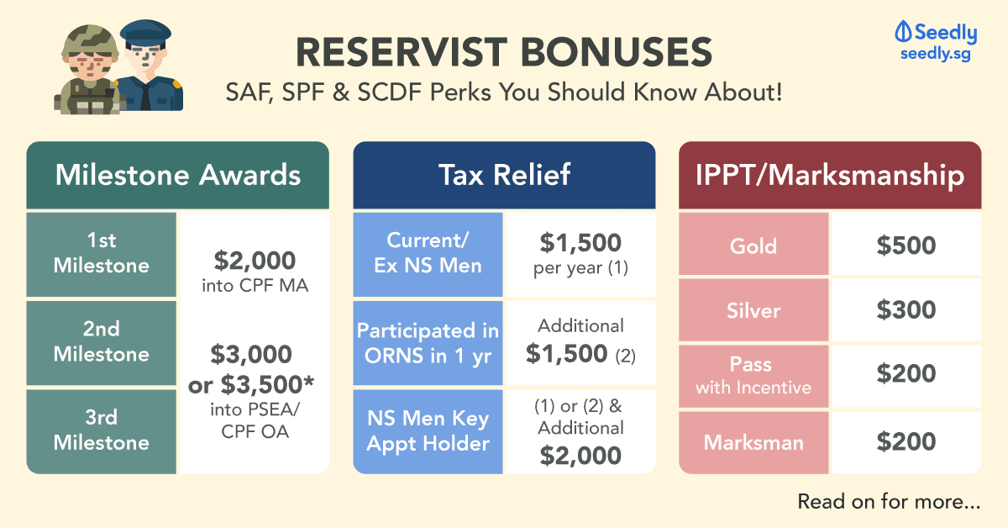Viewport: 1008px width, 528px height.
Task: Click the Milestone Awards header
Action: [178, 175]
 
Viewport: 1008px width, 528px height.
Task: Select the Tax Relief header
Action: [504, 175]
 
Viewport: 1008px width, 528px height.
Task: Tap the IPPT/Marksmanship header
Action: [830, 175]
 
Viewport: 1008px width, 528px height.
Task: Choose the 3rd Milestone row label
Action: [102, 431]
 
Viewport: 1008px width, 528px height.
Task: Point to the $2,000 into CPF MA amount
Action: [255, 272]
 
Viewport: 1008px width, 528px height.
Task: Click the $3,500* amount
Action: [267, 385]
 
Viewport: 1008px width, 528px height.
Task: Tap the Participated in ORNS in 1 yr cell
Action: [428, 343]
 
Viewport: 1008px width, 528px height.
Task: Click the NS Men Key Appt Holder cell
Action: [428, 431]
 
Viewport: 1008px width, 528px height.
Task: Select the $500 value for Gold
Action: [906, 246]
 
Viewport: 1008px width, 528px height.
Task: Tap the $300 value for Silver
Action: [906, 310]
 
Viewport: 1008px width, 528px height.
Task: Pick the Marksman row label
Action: [753, 442]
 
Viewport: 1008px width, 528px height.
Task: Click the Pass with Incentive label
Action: [753, 376]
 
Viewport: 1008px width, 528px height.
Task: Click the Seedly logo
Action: [936, 41]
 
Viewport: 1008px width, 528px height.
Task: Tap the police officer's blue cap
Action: [145, 33]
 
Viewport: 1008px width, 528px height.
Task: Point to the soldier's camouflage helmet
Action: [90, 40]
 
